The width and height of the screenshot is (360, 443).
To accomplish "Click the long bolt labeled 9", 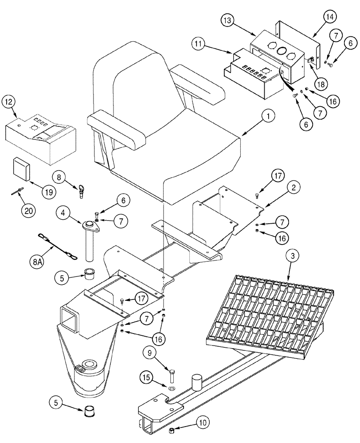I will pyautogui.click(x=172, y=368).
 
